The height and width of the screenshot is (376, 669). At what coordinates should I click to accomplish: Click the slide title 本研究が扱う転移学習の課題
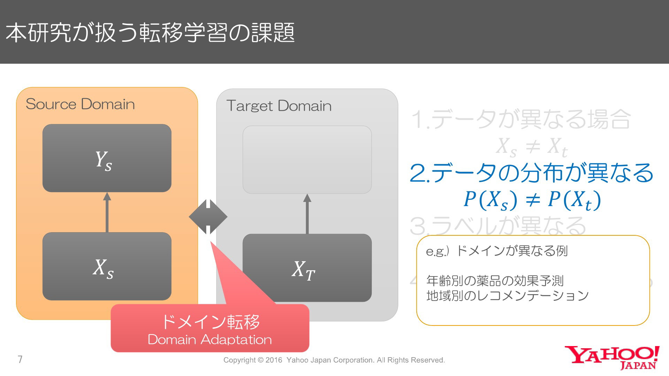pyautogui.click(x=150, y=33)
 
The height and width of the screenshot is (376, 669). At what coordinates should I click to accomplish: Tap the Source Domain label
pyautogui.click(x=80, y=104)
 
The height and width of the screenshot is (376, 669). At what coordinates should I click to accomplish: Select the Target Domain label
pyautogui.click(x=279, y=106)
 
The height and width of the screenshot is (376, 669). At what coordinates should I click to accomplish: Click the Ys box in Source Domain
pyautogui.click(x=107, y=158)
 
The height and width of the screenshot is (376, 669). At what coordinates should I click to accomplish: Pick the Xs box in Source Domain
pyautogui.click(x=107, y=266)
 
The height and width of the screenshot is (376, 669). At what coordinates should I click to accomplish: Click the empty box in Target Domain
pyautogui.click(x=307, y=159)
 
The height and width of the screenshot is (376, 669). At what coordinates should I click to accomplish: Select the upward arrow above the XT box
pyautogui.click(x=307, y=214)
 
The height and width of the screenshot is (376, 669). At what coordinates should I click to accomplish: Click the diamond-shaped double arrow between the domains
pyautogui.click(x=208, y=217)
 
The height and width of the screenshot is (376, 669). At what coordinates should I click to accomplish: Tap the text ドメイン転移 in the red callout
pyautogui.click(x=210, y=322)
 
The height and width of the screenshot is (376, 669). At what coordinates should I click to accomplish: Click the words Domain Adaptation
pyautogui.click(x=210, y=339)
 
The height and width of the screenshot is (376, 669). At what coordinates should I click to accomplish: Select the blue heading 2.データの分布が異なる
pyautogui.click(x=531, y=173)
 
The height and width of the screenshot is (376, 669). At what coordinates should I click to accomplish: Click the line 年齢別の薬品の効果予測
pyautogui.click(x=495, y=280)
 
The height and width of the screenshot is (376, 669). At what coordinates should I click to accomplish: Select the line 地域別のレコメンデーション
pyautogui.click(x=507, y=296)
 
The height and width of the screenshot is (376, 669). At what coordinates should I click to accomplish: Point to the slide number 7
pyautogui.click(x=20, y=359)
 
